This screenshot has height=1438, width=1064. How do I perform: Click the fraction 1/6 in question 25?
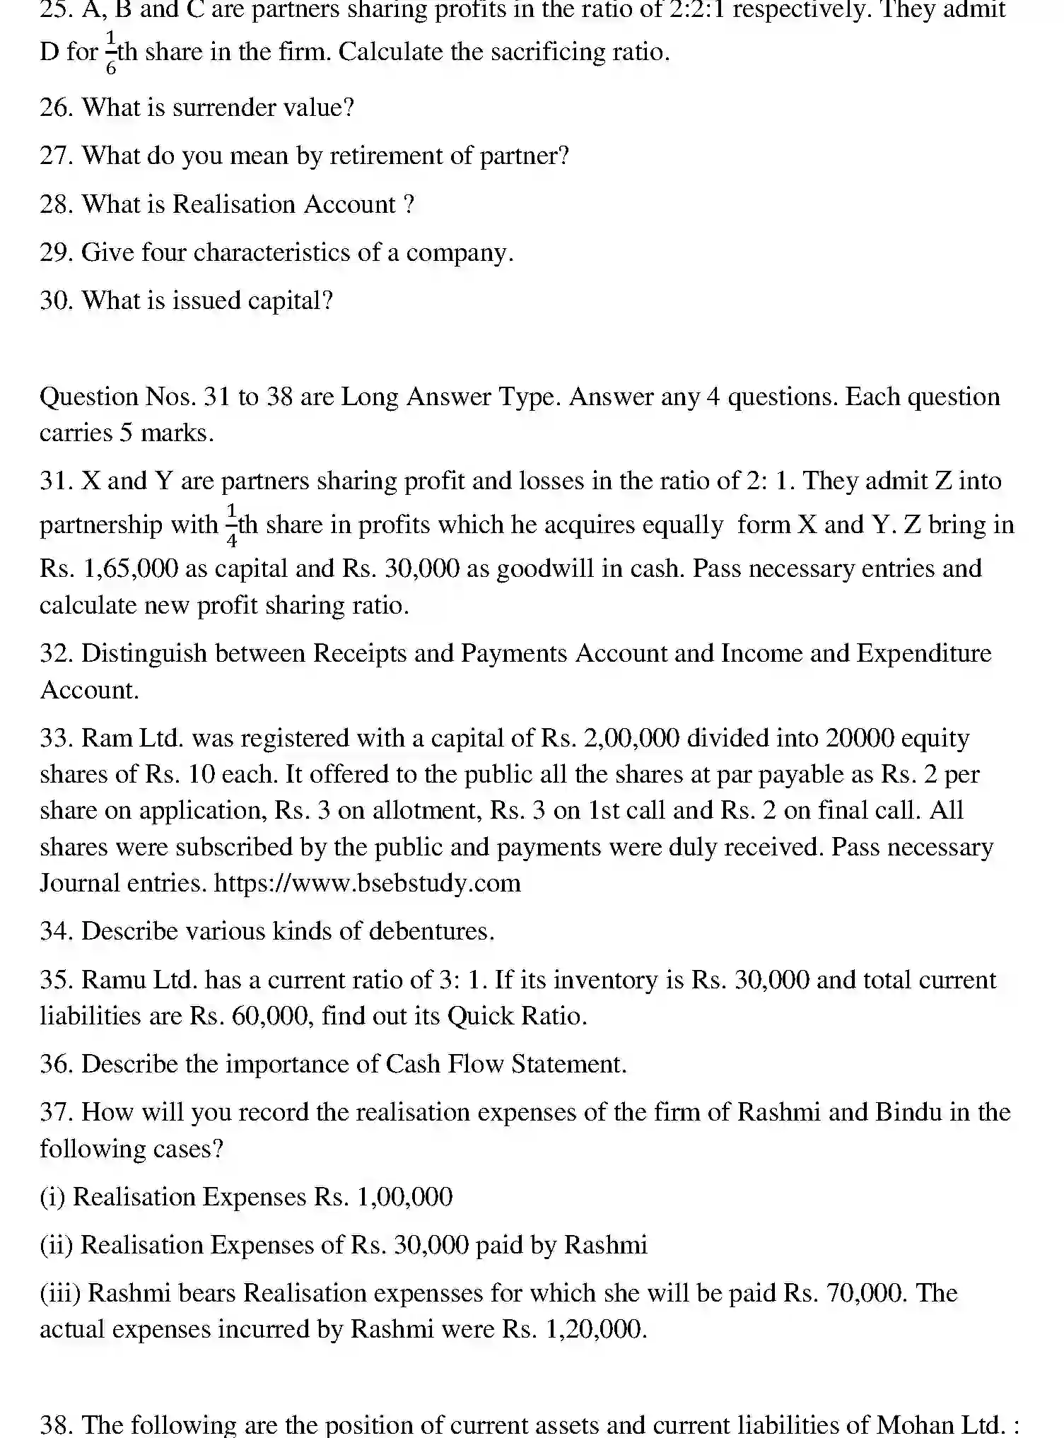coord(111,52)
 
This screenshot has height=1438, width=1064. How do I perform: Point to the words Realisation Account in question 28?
coord(283,204)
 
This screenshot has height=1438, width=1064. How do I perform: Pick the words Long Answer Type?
coord(450,397)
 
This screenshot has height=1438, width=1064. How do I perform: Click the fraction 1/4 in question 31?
coord(231,525)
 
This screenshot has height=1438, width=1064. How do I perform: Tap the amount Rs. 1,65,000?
coord(110,569)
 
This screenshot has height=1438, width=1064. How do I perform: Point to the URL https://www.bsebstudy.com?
coord(367,883)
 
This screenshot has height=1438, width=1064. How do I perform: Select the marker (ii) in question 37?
coord(57,1245)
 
